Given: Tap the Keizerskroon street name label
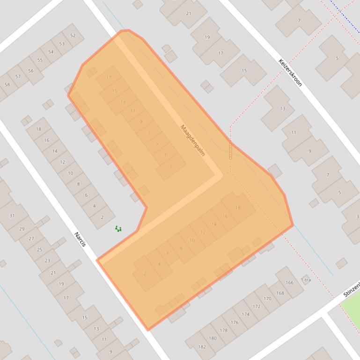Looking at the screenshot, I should point(290,72).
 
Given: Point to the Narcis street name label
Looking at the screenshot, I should point(81,240).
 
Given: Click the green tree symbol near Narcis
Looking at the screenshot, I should point(118,229).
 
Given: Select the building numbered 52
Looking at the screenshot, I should point(73,36).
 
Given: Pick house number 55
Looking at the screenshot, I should point(40,60).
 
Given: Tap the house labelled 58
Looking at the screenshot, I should point(7,85).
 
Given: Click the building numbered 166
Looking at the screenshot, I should point(289,282).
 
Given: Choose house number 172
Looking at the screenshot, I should point(257,307).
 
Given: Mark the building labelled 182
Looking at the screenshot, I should point(202,346).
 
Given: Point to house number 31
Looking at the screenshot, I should point(12,216).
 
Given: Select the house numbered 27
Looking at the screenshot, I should point(31,238).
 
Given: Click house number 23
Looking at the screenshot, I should point(47,260).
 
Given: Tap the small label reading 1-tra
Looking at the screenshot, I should point(306,280).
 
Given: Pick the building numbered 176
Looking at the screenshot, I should point(235,322).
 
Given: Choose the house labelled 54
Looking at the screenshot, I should point(51,52).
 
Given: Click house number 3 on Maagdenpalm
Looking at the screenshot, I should point(165,154).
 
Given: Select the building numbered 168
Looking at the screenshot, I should point(280,293).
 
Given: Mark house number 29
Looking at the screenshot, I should point(22,229).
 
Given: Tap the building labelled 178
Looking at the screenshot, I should point(224,330).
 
